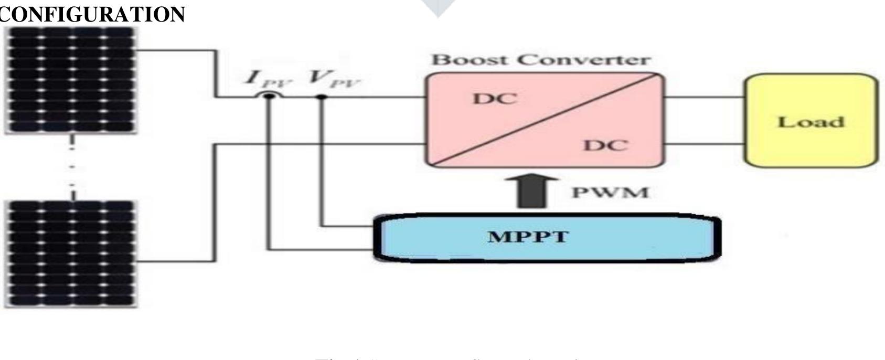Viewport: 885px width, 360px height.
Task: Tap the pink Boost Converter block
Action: (544, 120)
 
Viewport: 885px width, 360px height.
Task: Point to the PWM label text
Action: (610, 193)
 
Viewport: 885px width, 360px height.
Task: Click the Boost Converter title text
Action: (540, 60)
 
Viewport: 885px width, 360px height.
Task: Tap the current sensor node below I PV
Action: (269, 97)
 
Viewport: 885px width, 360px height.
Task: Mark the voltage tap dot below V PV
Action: (322, 97)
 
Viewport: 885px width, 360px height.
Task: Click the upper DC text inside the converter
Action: (495, 99)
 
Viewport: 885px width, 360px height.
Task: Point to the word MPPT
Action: (528, 237)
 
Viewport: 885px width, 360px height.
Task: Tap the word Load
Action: (811, 122)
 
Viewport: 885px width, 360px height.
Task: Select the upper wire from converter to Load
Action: (704, 97)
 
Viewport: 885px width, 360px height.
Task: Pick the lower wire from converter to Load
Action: (704, 143)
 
